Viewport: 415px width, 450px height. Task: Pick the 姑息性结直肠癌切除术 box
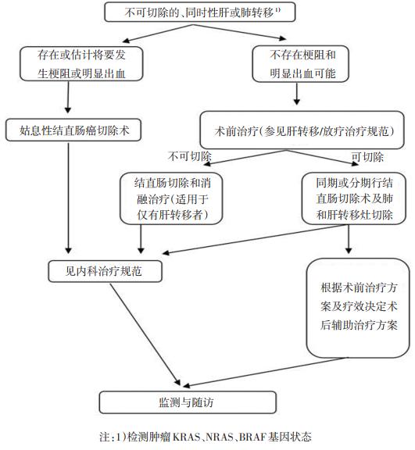tap(72, 129)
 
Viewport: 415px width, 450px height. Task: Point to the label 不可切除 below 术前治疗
tap(185, 156)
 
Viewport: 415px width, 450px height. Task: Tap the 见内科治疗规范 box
tap(102, 271)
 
